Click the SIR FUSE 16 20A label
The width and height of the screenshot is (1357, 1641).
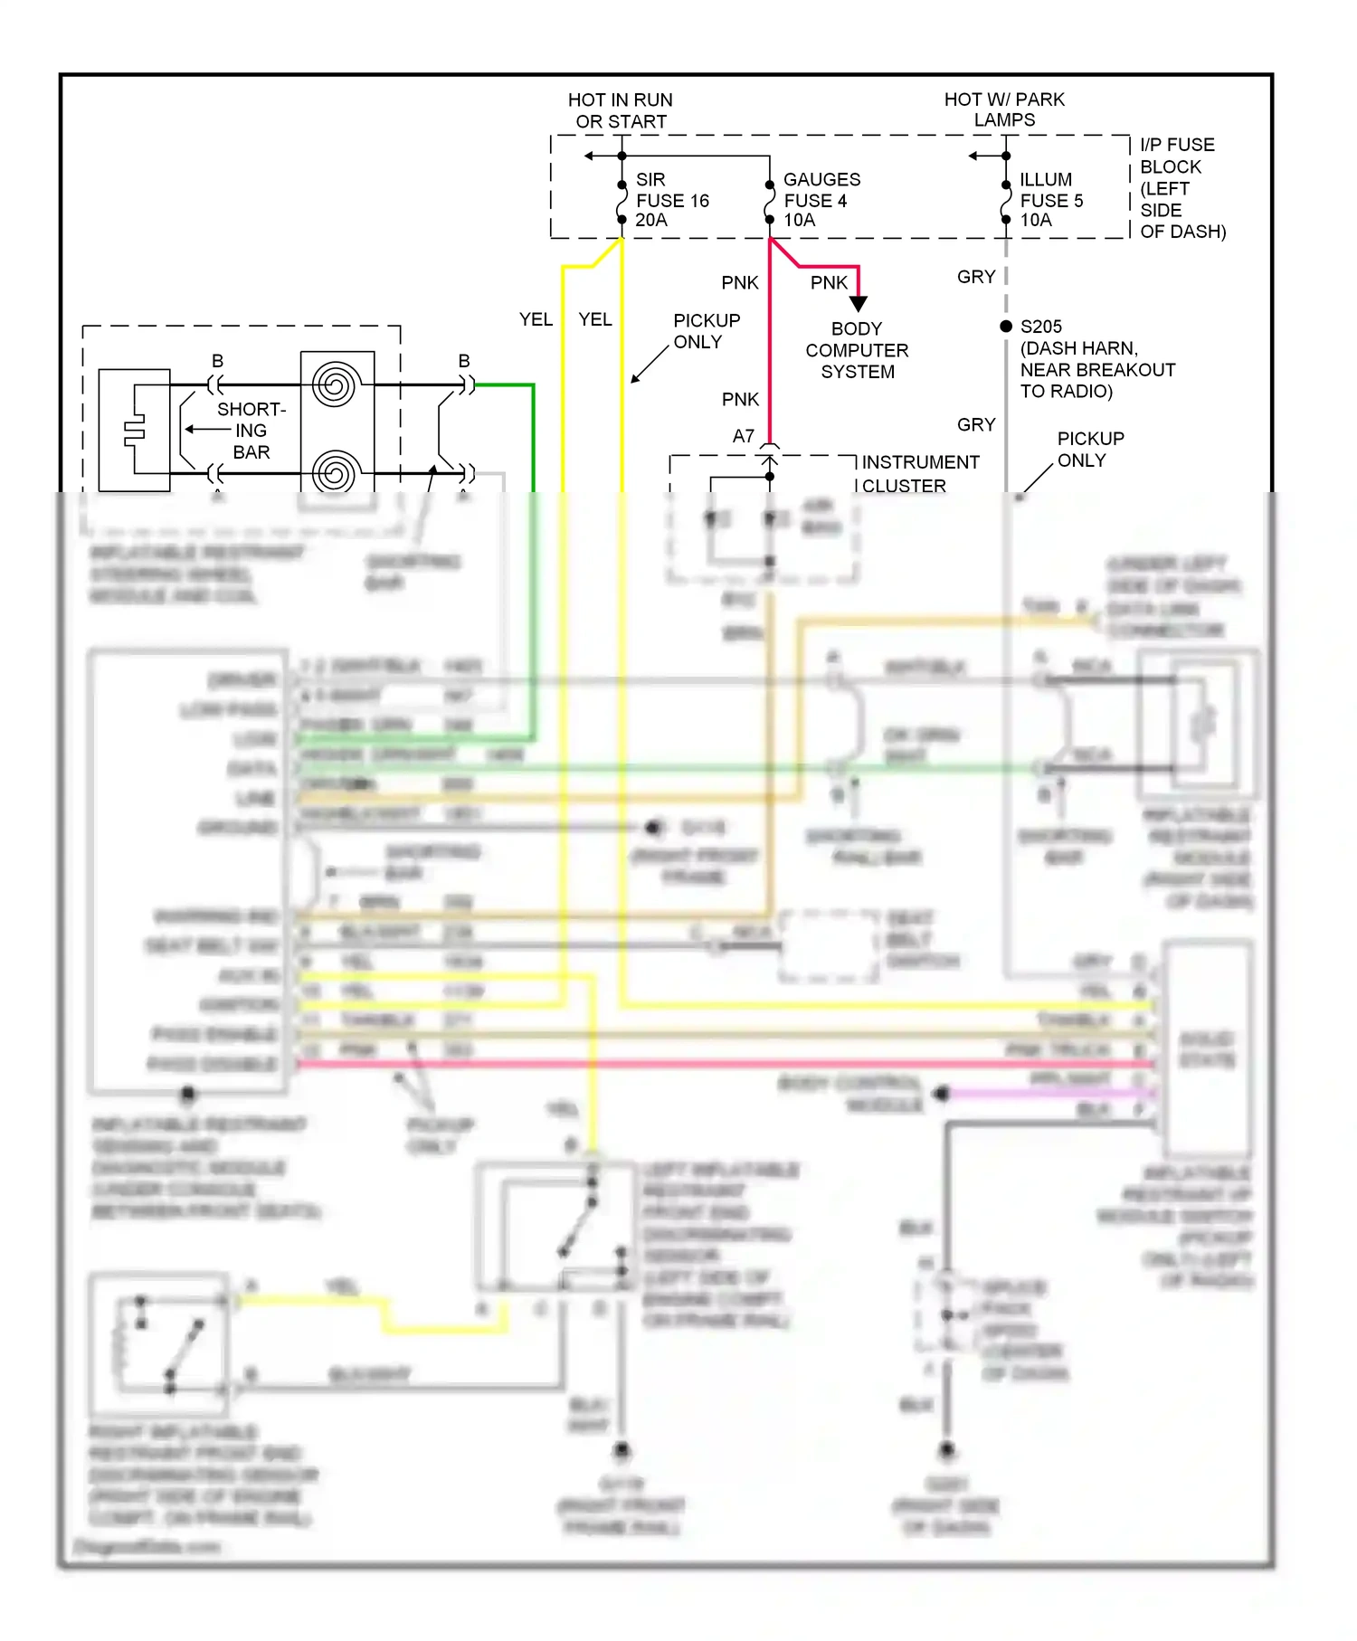click(x=671, y=200)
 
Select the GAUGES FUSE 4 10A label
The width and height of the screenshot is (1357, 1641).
click(x=821, y=200)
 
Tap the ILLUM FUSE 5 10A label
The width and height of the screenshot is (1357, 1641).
click(x=1050, y=200)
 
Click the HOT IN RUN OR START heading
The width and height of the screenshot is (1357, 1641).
click(x=621, y=110)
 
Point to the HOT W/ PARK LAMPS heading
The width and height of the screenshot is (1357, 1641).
click(x=1004, y=109)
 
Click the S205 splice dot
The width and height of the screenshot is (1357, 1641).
click(x=1006, y=327)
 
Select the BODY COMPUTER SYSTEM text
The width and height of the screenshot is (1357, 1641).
click(x=857, y=350)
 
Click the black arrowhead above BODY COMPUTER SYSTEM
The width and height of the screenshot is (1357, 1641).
click(x=859, y=304)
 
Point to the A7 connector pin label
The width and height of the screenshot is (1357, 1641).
click(x=743, y=436)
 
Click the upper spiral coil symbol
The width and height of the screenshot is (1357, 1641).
click(x=336, y=385)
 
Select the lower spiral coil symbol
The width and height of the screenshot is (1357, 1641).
click(x=336, y=472)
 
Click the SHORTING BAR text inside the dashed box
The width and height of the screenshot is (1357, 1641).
click(x=251, y=431)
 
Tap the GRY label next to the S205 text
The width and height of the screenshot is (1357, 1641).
click(x=976, y=277)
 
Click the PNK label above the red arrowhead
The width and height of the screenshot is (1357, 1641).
click(x=829, y=283)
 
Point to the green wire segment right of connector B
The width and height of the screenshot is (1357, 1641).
click(x=504, y=385)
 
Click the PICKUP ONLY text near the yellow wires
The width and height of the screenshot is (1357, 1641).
click(x=707, y=331)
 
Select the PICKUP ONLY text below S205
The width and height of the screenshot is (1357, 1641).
click(x=1090, y=450)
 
